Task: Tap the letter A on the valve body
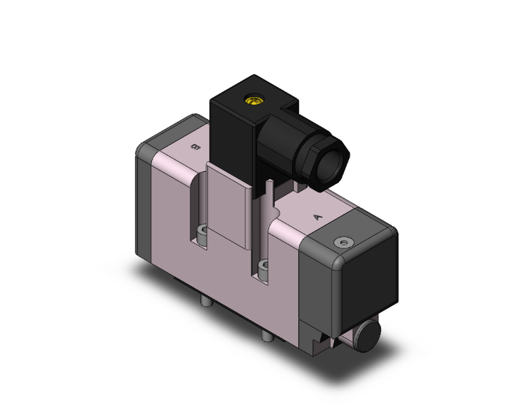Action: click(317, 214)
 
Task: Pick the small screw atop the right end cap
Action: click(344, 242)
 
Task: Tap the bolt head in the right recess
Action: click(264, 269)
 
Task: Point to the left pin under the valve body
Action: click(205, 304)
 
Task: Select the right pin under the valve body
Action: click(265, 336)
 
